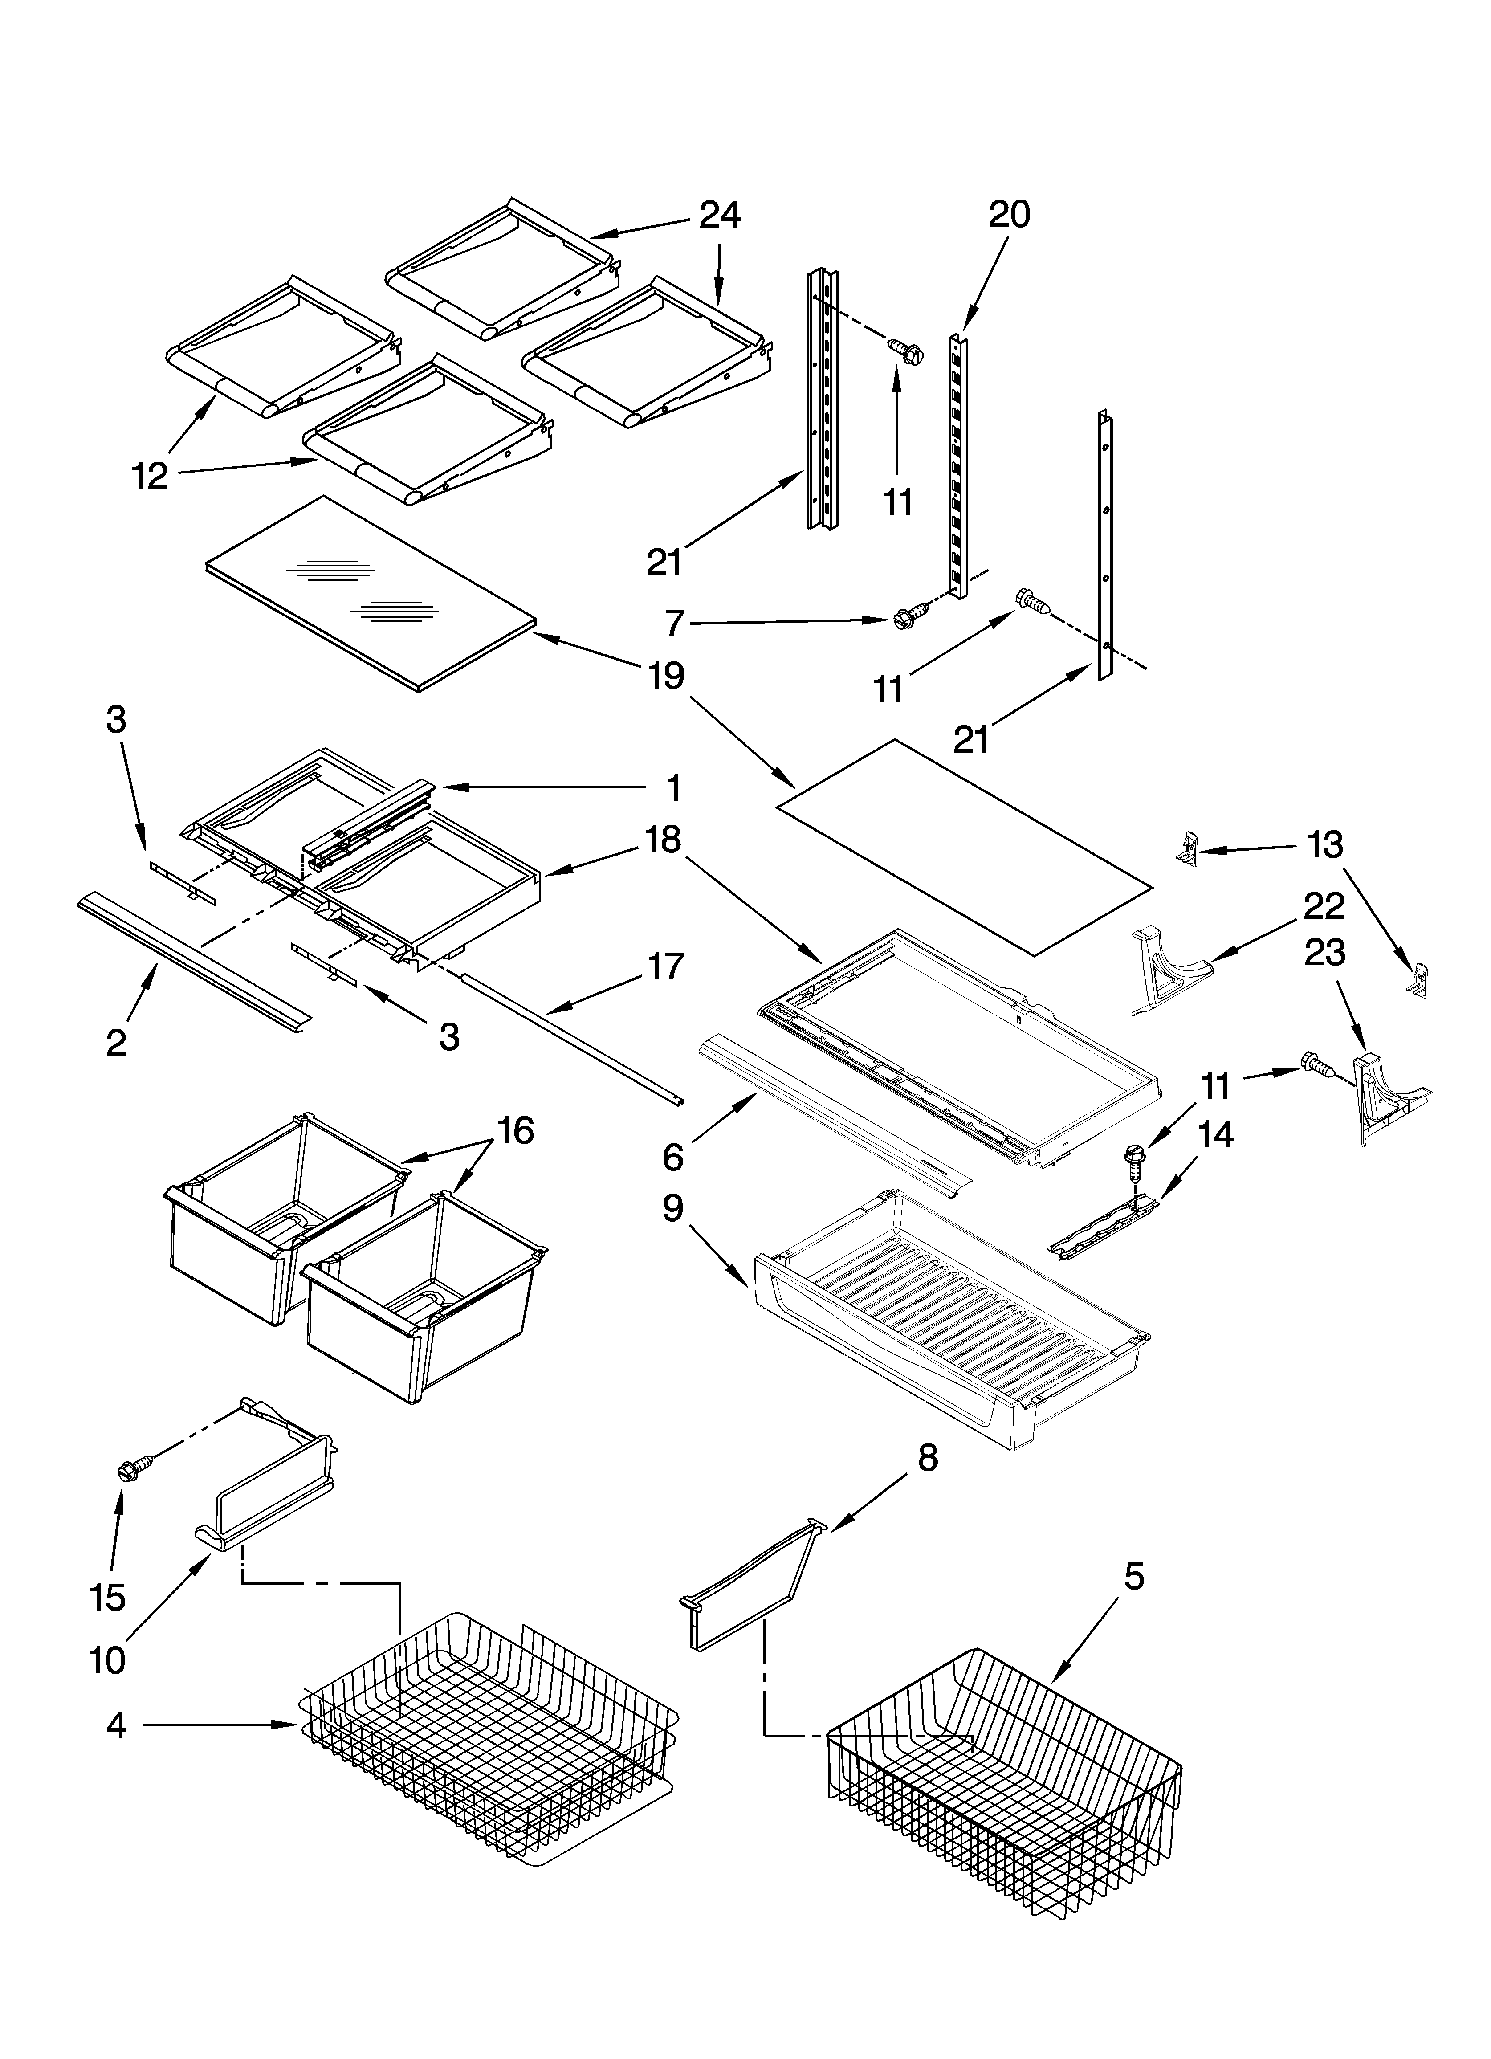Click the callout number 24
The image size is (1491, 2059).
[x=719, y=215]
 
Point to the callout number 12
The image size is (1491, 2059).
[x=150, y=476]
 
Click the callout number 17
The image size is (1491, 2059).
[x=666, y=967]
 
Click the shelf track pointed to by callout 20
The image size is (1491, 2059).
[x=956, y=463]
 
